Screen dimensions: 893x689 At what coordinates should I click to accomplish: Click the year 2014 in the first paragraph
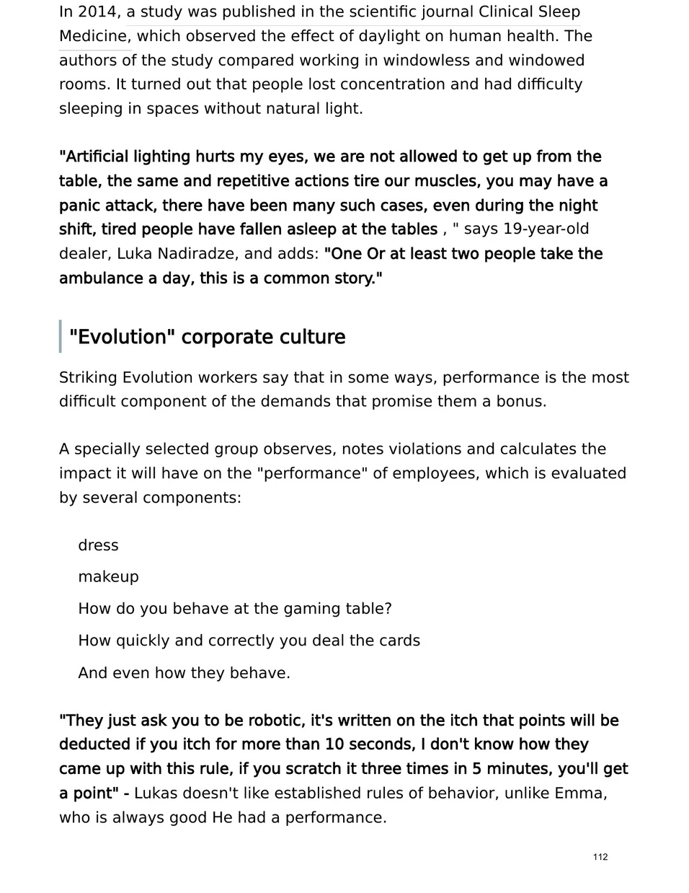pos(96,12)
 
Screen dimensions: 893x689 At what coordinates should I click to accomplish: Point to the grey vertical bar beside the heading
pos(61,337)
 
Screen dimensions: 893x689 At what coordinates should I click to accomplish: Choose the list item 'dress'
pos(98,545)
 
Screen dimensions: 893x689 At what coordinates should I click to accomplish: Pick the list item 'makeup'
pos(108,577)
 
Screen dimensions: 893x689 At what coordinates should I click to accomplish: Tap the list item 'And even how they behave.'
pos(184,673)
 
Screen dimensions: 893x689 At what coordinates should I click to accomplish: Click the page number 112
pos(600,857)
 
